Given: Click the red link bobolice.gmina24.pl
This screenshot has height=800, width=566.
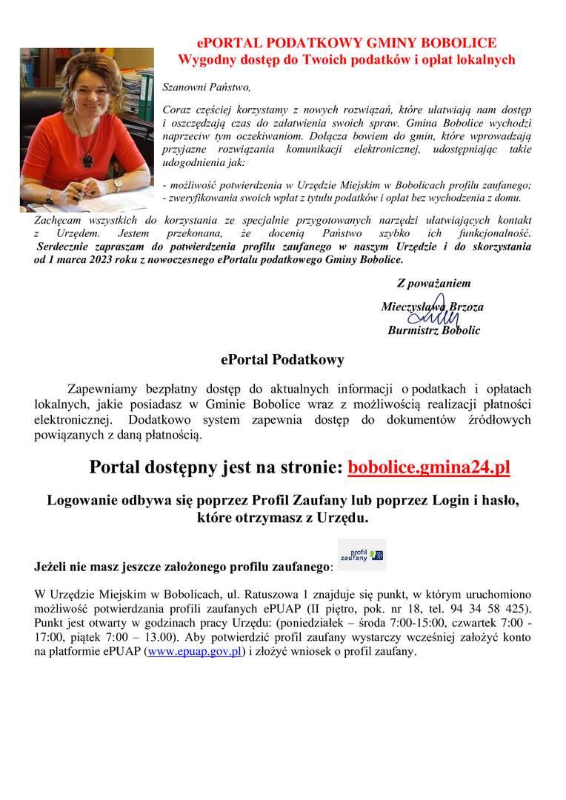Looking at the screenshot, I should [x=428, y=467].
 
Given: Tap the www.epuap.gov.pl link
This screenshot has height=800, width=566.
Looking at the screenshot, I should [x=194, y=652].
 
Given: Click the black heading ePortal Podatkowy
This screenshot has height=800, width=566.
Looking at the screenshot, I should [x=282, y=360].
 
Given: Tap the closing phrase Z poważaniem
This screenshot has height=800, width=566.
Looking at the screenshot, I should [x=433, y=283].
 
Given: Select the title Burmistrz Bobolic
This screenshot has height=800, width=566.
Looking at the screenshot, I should [x=433, y=330].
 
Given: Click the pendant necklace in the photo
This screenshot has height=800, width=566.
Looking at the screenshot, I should [x=87, y=158].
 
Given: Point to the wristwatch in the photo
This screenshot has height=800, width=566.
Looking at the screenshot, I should [x=117, y=184].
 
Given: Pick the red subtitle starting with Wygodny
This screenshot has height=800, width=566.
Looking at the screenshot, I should [x=347, y=60].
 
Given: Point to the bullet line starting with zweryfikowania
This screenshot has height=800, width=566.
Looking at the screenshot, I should [x=342, y=198].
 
